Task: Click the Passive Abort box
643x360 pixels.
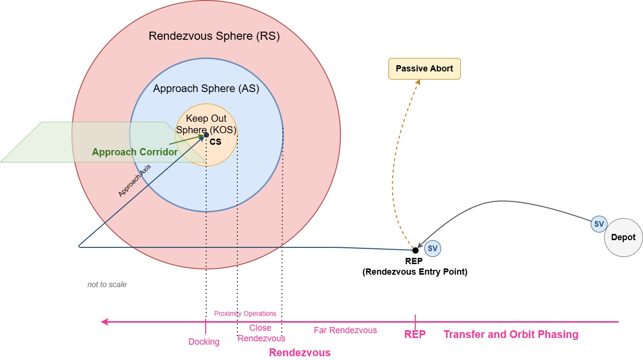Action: coord(424,69)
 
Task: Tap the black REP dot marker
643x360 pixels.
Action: coord(415,250)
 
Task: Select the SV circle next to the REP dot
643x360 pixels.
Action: coord(433,248)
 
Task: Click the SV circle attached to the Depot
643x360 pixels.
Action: coord(599,224)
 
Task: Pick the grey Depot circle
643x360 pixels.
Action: coord(623,237)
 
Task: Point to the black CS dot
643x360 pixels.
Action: coord(206,135)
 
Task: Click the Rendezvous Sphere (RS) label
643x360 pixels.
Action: coord(214,36)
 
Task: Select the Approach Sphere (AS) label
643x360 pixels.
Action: coord(206,89)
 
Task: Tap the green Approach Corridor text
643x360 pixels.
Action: coord(135,152)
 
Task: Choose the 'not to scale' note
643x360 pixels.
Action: coord(107,284)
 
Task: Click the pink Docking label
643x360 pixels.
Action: coord(204,342)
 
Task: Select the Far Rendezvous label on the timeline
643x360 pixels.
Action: coord(345,330)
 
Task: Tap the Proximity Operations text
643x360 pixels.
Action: coord(245,314)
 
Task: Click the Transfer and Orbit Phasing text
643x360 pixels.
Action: coord(511,335)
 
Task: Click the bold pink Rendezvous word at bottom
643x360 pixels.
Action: coord(300,353)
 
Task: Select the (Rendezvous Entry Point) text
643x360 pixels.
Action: coord(415,272)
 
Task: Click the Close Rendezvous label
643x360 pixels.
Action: coord(261,333)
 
